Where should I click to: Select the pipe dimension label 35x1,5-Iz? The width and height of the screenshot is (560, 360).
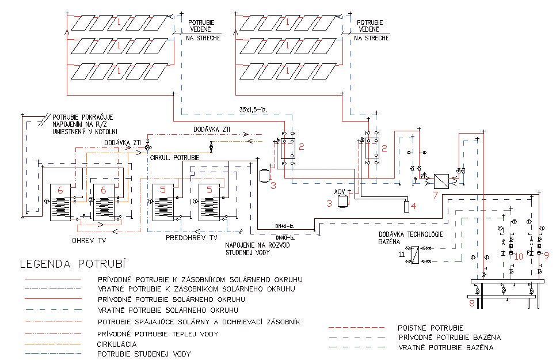point(254,108)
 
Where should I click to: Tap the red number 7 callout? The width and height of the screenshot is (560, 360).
point(436,195)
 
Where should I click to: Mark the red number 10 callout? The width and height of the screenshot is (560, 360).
point(519,255)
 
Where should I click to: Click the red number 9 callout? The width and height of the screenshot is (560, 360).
point(547,254)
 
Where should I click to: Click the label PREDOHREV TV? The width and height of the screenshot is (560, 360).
point(192,237)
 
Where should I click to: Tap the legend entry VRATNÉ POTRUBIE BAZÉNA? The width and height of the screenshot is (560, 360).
point(445,348)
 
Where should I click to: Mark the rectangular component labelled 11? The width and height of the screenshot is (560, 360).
point(415,254)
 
